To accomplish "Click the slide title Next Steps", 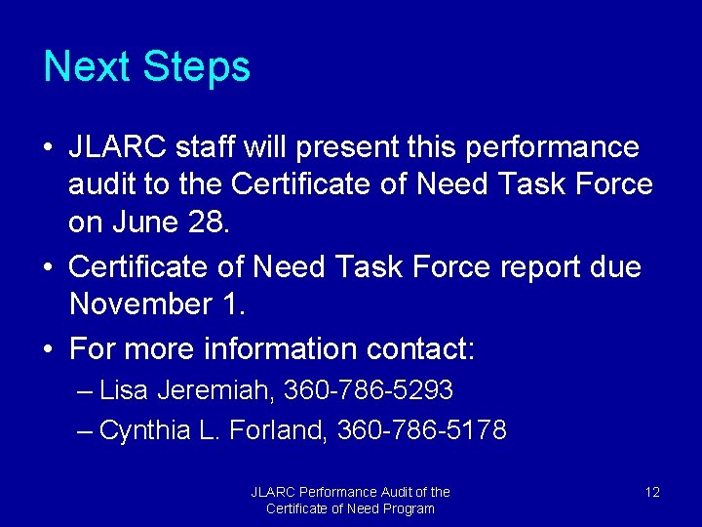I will click(147, 67).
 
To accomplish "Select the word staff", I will click(207, 148).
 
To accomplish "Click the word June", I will click(143, 223).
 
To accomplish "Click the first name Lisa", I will click(123, 391).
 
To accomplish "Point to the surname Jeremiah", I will click(214, 391).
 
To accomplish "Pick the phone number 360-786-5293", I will click(368, 391).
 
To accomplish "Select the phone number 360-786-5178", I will click(421, 430).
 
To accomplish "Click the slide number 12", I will click(652, 492).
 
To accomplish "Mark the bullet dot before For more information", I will click(48, 349).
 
